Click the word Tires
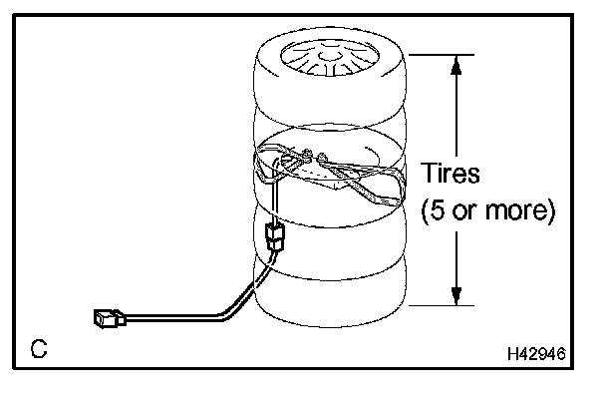click(451, 173)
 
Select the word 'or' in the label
click(470, 211)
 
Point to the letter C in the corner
click(39, 349)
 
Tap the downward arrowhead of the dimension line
click(456, 295)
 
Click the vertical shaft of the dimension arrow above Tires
click(456, 110)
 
